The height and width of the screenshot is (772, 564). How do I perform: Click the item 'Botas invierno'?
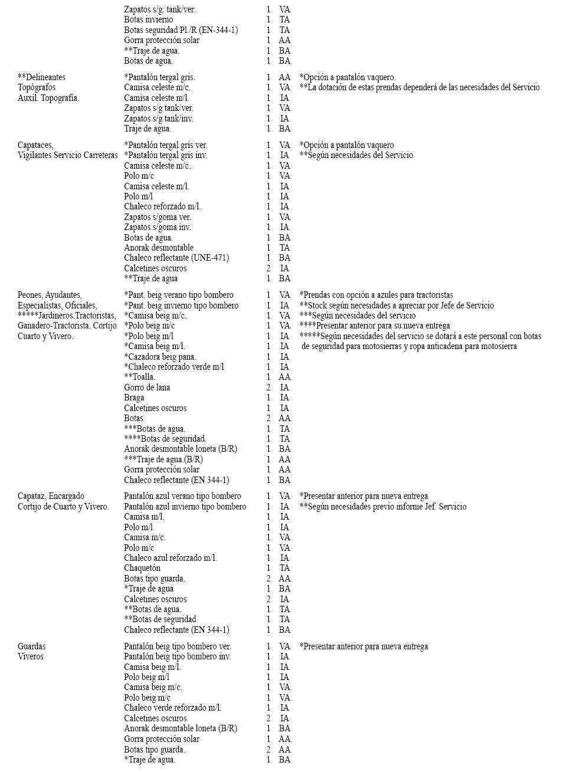[148, 19]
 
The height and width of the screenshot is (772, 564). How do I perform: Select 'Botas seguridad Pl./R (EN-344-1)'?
[181, 30]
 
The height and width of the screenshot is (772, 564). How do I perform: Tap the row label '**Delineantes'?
[41, 77]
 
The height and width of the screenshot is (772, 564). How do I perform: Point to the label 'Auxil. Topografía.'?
[48, 98]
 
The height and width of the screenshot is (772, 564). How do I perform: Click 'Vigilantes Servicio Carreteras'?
[68, 155]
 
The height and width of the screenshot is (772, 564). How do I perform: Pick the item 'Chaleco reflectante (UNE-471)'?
[176, 258]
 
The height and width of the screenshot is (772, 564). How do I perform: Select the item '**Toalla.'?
[140, 377]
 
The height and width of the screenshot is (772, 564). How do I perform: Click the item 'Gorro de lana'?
[147, 387]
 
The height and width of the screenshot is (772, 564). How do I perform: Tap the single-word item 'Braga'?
[134, 398]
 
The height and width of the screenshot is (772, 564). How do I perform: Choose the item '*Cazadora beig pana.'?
[160, 357]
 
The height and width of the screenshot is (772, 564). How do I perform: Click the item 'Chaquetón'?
[142, 568]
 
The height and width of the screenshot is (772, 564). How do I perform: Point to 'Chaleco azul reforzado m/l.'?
[170, 558]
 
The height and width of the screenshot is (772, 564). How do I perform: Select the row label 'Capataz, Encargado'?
[51, 496]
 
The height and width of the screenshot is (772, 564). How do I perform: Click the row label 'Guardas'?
[31, 646]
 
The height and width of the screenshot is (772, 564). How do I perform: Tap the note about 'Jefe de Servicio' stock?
[396, 305]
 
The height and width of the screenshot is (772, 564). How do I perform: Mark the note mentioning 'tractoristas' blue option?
[376, 295]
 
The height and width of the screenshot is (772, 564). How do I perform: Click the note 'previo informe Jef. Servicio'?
[383, 507]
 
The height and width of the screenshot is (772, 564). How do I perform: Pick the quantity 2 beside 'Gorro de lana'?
[268, 387]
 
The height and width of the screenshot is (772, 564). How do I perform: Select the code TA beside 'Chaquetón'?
[284, 568]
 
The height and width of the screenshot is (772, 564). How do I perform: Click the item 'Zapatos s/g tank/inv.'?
[159, 119]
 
